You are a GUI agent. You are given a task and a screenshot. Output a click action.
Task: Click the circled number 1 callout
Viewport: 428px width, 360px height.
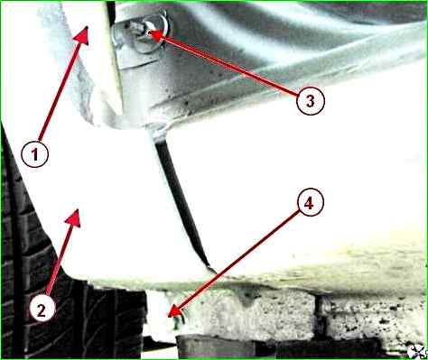(34, 154)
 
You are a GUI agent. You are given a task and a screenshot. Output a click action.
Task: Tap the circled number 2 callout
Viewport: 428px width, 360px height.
(42, 309)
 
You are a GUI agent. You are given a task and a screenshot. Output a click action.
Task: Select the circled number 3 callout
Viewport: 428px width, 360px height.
(311, 101)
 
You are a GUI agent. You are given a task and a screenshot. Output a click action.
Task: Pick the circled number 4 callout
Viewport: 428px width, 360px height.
(310, 203)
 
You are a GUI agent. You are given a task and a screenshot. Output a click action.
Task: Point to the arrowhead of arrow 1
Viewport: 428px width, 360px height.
(82, 35)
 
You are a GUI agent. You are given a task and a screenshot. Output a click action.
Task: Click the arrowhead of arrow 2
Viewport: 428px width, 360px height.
(73, 217)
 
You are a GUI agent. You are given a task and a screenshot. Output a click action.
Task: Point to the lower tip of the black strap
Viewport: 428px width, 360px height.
(215, 272)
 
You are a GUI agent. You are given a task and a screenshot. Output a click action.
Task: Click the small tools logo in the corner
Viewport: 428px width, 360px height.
(418, 352)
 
